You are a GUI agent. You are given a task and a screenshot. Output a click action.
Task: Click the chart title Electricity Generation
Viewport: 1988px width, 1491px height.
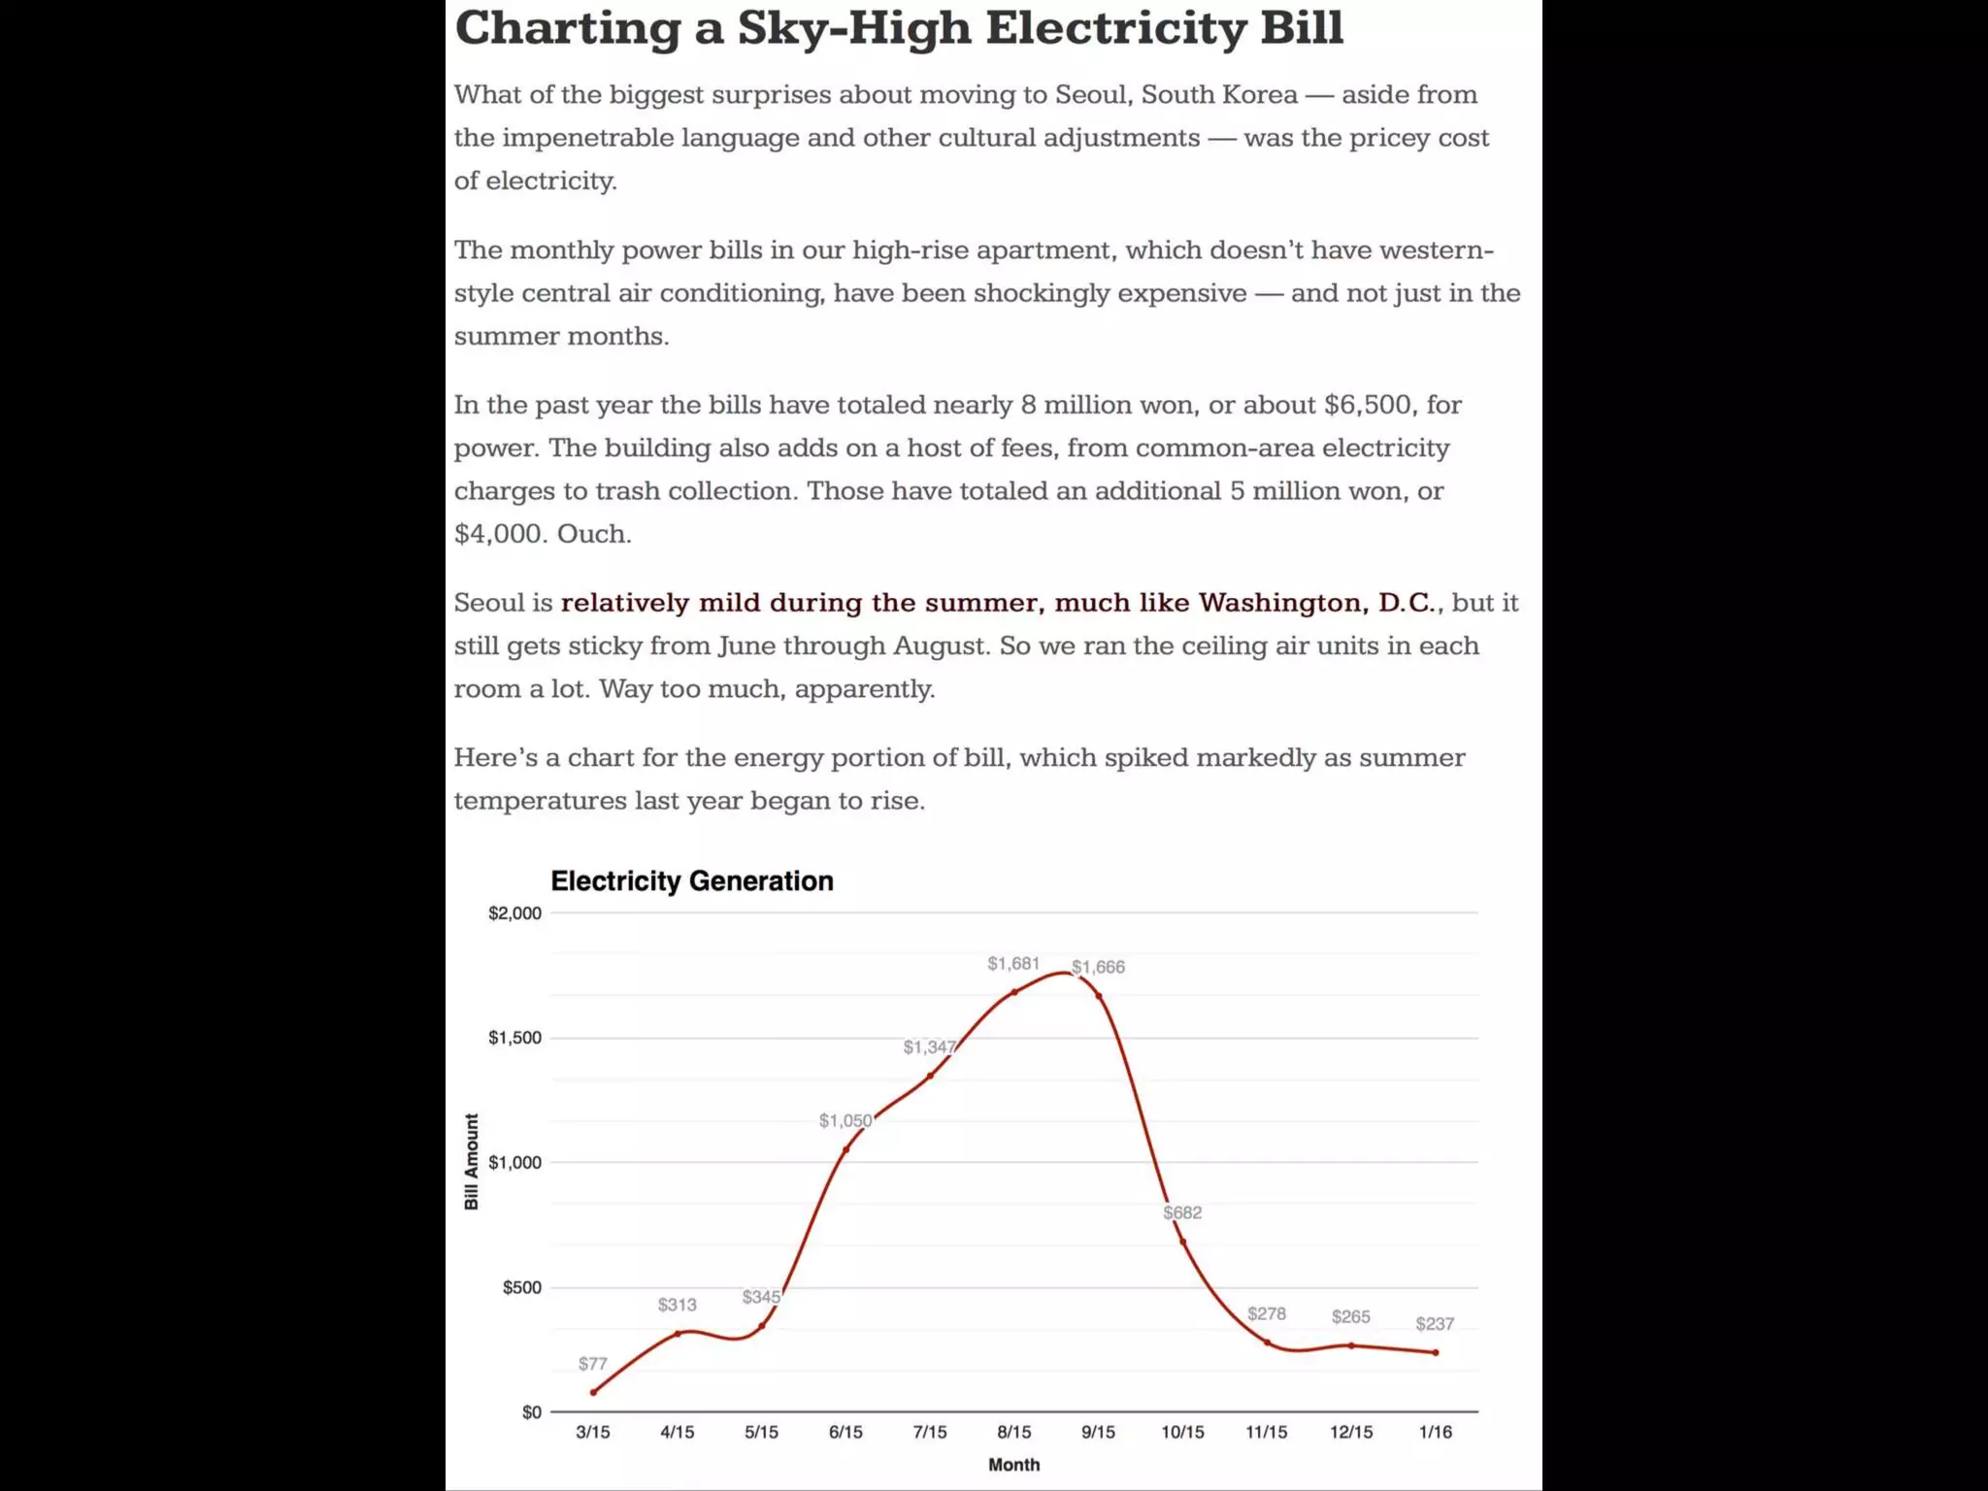[691, 880]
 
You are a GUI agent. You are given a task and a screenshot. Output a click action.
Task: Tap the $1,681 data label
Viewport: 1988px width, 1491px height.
[1012, 963]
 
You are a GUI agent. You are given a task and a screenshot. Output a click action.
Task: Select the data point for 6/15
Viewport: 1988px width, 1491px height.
[845, 1149]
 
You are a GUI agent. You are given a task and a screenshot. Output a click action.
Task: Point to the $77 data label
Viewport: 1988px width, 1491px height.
[592, 1363]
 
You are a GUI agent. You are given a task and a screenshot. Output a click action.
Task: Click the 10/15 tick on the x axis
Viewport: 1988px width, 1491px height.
[1182, 1432]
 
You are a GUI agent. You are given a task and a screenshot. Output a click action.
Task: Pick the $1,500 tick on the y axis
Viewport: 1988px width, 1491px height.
[514, 1038]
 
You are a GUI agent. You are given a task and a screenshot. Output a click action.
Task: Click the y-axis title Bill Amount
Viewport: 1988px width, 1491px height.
[472, 1161]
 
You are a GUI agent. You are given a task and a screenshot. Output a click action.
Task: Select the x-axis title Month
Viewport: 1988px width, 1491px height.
[1013, 1465]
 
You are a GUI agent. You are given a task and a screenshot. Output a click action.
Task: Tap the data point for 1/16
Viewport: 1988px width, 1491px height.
[1436, 1352]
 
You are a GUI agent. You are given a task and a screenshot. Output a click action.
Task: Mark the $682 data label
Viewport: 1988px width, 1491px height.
[1182, 1212]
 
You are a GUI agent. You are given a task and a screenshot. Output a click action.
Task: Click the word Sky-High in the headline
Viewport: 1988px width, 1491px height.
[854, 27]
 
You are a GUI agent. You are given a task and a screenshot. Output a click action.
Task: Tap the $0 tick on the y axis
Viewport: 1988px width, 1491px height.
[531, 1412]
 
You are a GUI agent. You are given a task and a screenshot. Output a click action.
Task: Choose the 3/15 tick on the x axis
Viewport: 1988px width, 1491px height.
[593, 1432]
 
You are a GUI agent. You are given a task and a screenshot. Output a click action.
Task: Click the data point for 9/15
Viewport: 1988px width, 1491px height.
[1099, 996]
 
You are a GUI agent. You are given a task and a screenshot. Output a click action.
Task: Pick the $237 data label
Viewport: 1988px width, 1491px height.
[1435, 1324]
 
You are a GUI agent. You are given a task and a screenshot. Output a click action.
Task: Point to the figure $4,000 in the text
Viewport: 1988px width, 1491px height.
[495, 534]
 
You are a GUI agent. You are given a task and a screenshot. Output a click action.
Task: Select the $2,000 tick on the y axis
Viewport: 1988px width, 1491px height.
[514, 913]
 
